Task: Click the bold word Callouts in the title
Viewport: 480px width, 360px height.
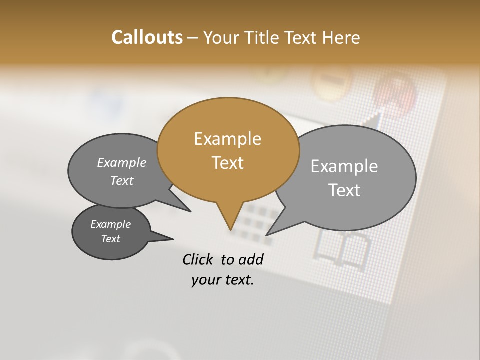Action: [x=147, y=37]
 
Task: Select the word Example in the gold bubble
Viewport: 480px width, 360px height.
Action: [x=227, y=138]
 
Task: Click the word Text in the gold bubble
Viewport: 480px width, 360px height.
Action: [x=227, y=162]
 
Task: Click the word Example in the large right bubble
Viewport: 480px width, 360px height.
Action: [x=344, y=166]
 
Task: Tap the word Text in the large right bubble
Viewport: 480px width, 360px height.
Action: [x=344, y=190]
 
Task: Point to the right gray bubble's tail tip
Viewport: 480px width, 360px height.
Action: [x=267, y=235]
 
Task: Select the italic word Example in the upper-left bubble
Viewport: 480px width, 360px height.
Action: [x=121, y=162]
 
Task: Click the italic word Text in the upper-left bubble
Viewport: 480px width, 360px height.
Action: [x=121, y=180]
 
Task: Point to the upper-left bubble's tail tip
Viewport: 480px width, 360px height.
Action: [x=190, y=211]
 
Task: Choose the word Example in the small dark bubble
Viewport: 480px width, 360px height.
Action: [x=110, y=224]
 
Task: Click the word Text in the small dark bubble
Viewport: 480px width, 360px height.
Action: [x=110, y=239]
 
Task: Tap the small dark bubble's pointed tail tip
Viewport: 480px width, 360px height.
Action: [x=173, y=239]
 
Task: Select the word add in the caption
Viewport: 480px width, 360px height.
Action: [x=250, y=259]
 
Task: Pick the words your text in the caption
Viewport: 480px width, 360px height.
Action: [x=222, y=280]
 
